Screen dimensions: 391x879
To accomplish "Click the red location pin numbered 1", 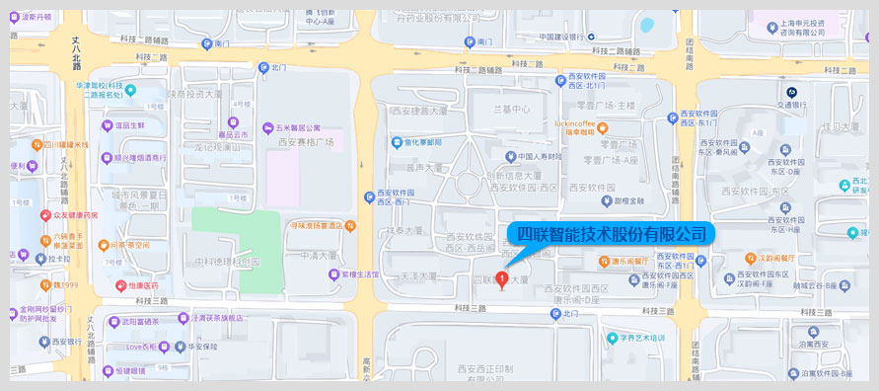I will point(504,279).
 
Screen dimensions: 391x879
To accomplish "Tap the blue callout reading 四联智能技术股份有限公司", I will point(613,234).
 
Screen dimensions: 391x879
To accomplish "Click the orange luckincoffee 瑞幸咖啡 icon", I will point(602,127).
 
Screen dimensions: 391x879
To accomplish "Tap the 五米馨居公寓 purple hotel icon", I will point(268,127).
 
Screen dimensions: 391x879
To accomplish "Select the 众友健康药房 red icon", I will point(45,214).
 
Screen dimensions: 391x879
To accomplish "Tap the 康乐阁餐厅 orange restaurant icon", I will point(604,261).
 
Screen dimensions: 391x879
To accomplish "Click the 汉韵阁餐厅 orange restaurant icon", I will point(750,259).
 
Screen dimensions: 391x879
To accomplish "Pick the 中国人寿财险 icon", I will point(509,156).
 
